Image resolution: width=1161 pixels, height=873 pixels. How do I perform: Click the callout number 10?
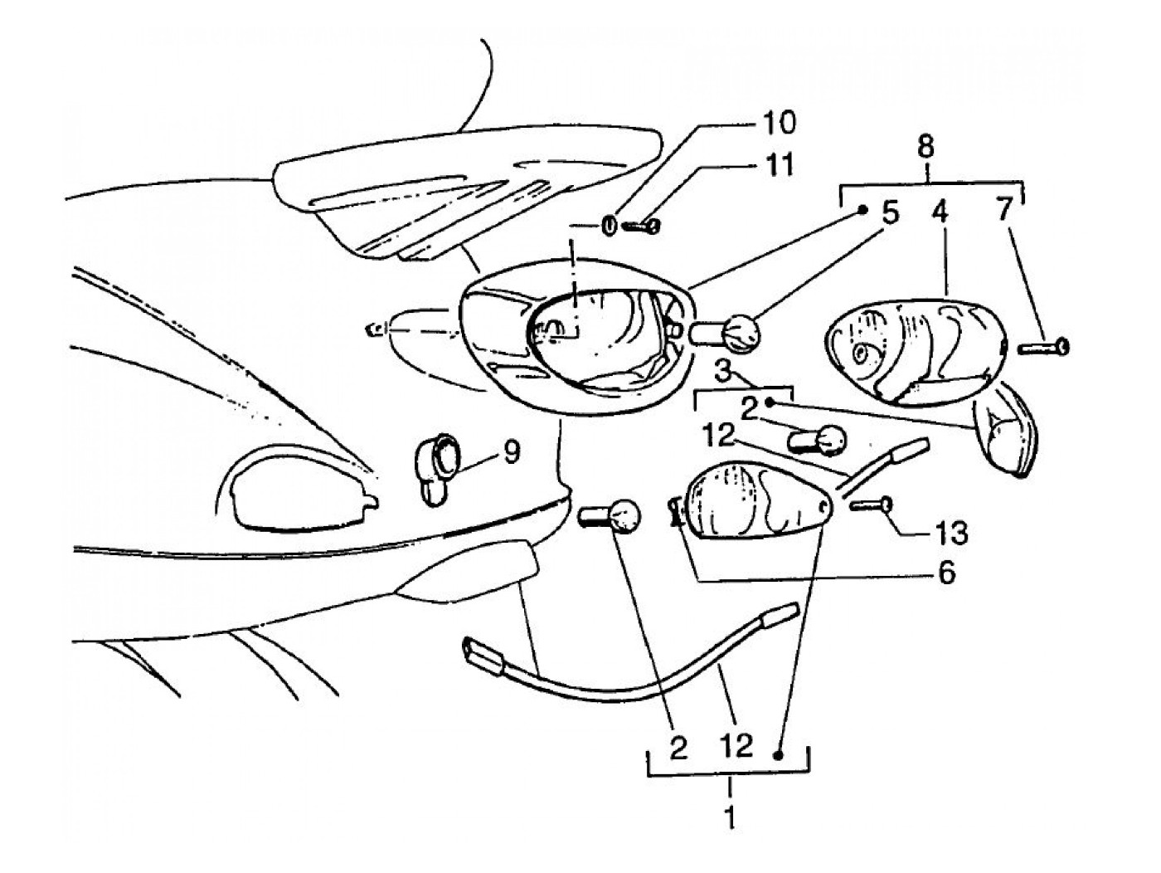pyautogui.click(x=775, y=123)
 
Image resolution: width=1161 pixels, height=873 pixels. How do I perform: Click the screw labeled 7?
pyautogui.click(x=1044, y=345)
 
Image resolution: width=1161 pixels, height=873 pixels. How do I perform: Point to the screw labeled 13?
pyautogui.click(x=869, y=503)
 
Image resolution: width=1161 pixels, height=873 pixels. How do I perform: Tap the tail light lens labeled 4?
pyautogui.click(x=912, y=349)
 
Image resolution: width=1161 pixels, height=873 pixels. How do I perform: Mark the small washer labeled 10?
pyautogui.click(x=608, y=225)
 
